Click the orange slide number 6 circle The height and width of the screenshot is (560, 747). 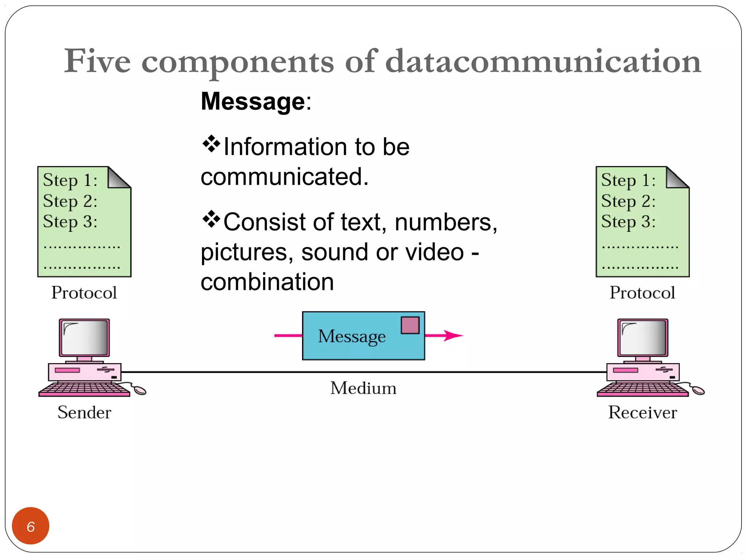31,526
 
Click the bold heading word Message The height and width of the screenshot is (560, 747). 253,101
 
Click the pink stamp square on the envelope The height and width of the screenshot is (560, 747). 410,325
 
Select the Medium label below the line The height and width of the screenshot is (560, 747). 363,388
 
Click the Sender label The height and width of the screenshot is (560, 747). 84,412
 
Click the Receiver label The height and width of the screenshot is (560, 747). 642,412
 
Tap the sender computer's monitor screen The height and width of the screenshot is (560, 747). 85,338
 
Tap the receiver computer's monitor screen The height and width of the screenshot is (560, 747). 643,338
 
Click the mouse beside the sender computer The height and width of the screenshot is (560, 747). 140,391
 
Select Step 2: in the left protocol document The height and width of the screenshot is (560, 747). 70,201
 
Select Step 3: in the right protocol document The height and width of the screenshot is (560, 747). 628,222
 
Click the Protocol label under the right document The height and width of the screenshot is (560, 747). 642,293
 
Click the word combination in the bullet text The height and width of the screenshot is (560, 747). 267,282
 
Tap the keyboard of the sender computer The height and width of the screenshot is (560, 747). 84,389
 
